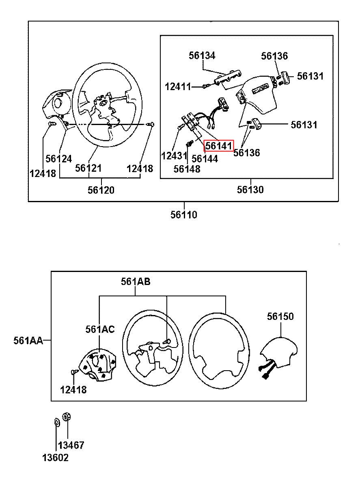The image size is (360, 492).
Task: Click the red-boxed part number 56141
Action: pos(218,146)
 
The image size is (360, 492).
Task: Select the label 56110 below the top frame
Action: pos(184,215)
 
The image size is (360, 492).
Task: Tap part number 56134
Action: pos(202,55)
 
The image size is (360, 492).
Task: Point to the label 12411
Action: pos(178,87)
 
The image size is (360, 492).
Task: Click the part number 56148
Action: pos(187,169)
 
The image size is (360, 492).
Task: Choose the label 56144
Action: pos(205,159)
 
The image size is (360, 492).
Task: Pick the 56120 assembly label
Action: pos(101,190)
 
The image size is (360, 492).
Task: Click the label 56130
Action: pos(250,190)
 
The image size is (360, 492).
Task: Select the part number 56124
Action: pos(58,159)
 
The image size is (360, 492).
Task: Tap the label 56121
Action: pos(88,168)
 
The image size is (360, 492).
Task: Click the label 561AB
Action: pos(136,282)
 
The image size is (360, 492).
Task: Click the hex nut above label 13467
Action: pos(66,416)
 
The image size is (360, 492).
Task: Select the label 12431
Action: pos(174,156)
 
